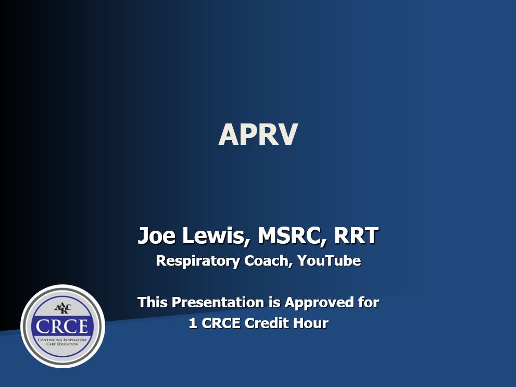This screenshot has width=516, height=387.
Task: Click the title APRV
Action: pyautogui.click(x=258, y=134)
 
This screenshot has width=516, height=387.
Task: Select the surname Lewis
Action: pyautogui.click(x=213, y=236)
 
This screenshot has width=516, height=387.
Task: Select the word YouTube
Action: pyautogui.click(x=329, y=261)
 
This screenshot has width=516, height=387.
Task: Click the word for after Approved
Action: pyautogui.click(x=368, y=302)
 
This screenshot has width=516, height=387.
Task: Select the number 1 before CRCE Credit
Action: pyautogui.click(x=193, y=323)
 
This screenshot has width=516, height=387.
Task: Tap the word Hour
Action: pyautogui.click(x=312, y=323)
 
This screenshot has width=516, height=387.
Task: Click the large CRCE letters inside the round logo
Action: pyautogui.click(x=62, y=327)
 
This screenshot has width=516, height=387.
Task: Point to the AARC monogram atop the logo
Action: pyautogui.click(x=62, y=307)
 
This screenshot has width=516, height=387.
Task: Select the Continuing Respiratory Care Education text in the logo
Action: pyautogui.click(x=62, y=342)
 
